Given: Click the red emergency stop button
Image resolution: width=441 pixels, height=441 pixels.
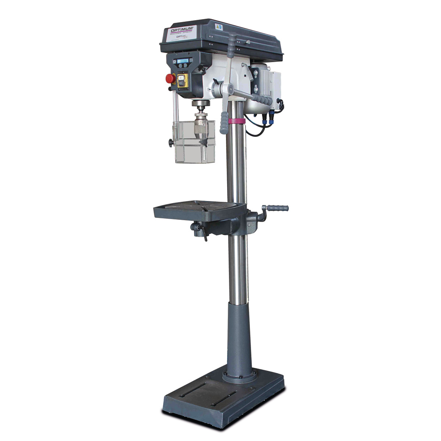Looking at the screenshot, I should point(170,79).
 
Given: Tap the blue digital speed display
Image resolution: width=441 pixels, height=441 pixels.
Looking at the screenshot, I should point(183,61).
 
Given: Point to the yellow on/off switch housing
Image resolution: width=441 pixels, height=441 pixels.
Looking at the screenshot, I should point(182,80).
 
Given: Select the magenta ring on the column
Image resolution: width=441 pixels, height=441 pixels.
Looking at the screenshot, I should point(236,121).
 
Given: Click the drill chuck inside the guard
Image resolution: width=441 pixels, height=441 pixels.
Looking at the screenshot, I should point(201,127).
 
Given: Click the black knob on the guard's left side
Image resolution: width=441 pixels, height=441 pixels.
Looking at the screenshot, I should point(171,143).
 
